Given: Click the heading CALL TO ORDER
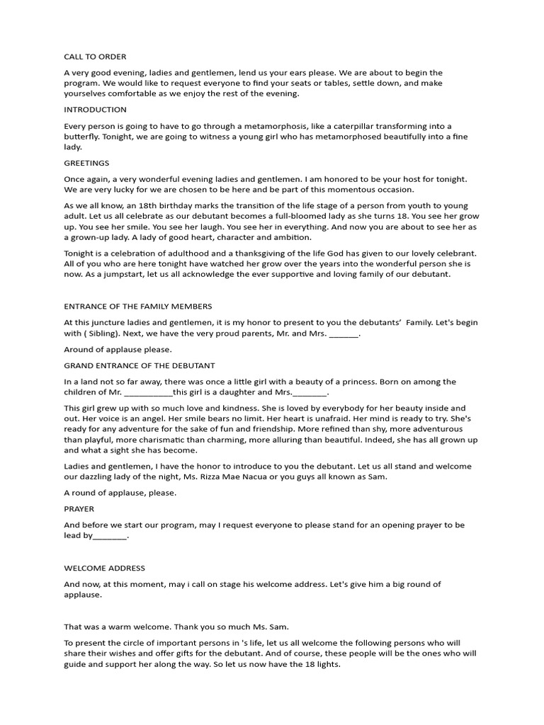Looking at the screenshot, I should coord(95,57).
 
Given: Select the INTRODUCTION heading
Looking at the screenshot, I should coord(95,110).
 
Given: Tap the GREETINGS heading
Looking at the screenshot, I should coord(86,163).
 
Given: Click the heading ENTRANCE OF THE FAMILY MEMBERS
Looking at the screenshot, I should coord(137,307).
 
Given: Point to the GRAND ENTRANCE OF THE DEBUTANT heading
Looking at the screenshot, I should coord(140,365).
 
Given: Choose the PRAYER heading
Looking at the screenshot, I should coord(79,509).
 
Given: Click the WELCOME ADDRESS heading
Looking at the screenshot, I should coord(104,568).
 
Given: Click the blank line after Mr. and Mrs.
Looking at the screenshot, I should coord(344,333).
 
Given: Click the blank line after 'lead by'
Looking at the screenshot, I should coord(110,536).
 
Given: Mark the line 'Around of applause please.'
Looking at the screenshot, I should coord(118,349).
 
